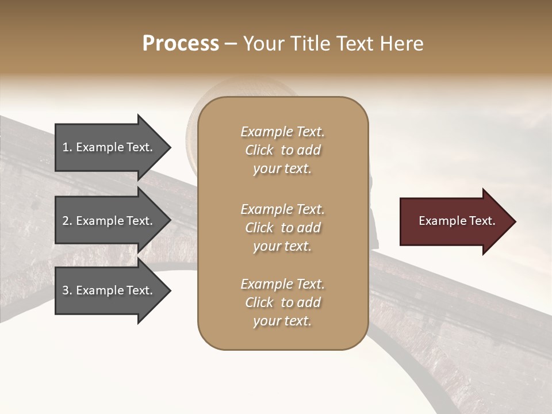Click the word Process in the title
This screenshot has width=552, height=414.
181,44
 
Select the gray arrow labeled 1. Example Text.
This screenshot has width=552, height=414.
108,147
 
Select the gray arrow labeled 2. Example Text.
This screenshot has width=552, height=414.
108,221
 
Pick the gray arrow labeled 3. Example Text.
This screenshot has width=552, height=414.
108,290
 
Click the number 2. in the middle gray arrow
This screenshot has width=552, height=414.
67,221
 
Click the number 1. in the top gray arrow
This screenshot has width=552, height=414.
67,147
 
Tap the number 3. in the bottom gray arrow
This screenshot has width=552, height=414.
67,290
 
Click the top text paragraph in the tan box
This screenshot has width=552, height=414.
282,150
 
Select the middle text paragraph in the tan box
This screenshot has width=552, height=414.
282,228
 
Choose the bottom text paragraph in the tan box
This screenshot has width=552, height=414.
282,302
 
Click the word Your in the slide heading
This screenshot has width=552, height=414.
263,44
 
